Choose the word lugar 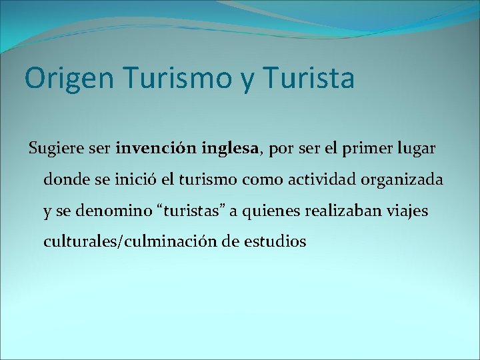(x=417, y=149)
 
